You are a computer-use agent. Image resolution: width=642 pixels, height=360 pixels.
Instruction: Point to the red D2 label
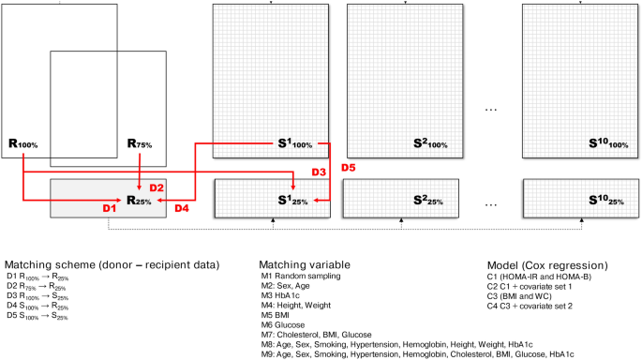pos(156,187)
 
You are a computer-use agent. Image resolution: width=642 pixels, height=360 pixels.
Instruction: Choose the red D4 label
pos(184,207)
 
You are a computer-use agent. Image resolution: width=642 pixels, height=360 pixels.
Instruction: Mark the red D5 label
pos(348,168)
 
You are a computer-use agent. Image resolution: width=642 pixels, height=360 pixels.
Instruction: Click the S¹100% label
pos(297,144)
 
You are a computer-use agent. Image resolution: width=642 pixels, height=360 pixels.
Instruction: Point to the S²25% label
pos(432,201)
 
